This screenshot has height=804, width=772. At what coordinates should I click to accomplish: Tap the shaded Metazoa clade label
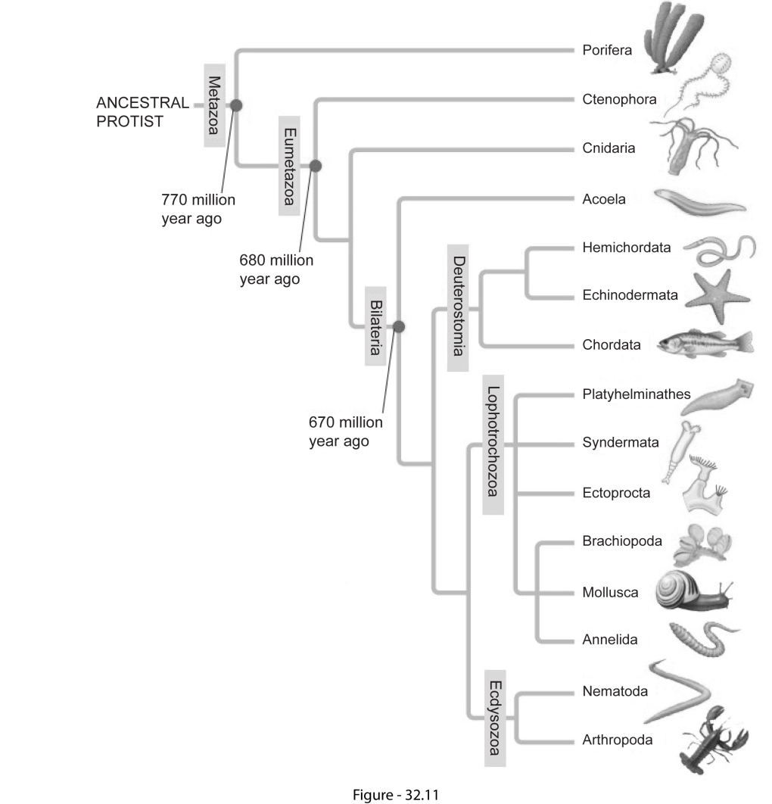click(215, 104)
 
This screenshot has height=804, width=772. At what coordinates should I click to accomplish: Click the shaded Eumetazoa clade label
click(290, 164)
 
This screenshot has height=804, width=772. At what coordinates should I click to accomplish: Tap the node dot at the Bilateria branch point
click(399, 326)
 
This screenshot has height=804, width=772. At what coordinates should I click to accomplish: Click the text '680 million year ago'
click(276, 270)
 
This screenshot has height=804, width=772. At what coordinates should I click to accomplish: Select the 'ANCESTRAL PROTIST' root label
click(142, 112)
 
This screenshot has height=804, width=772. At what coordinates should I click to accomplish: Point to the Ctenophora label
click(619, 99)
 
